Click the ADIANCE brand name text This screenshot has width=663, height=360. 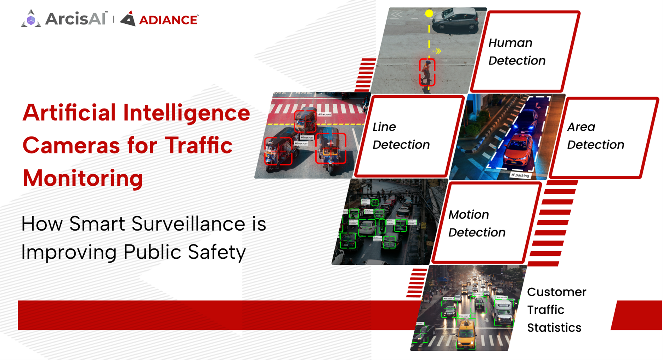(x=169, y=20)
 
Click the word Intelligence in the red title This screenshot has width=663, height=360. (x=187, y=113)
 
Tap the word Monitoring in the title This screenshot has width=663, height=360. (x=83, y=178)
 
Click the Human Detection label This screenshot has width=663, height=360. (x=517, y=52)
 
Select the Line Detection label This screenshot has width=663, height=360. (x=401, y=136)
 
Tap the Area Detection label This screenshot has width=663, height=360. (x=595, y=136)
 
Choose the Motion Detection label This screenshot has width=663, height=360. (x=477, y=224)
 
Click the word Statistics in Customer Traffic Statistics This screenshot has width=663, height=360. (x=554, y=328)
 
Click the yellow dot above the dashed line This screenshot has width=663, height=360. (x=429, y=13)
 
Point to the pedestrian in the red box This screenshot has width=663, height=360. (x=427, y=72)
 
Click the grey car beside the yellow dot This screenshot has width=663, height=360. (x=455, y=19)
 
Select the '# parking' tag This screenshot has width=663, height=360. (x=520, y=175)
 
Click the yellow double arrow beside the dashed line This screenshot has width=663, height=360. (x=438, y=51)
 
